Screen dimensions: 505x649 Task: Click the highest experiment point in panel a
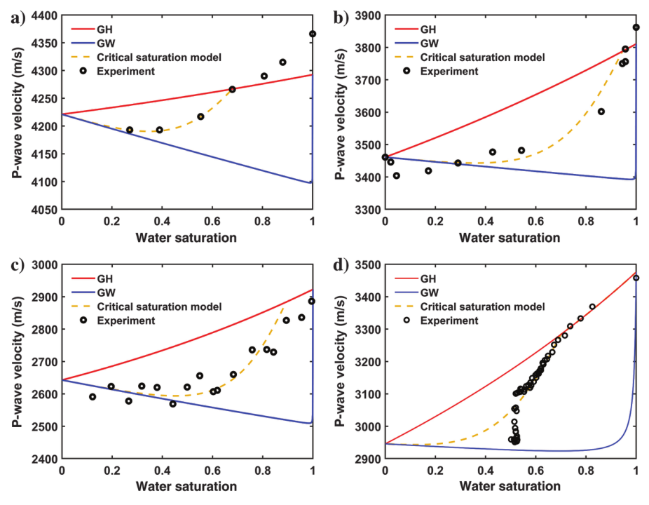[313, 34]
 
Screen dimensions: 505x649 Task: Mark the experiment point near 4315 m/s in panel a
[282, 62]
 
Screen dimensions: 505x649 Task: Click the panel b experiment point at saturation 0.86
[601, 112]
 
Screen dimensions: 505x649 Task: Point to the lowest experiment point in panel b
[397, 175]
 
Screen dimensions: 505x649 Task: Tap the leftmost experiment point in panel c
[93, 397]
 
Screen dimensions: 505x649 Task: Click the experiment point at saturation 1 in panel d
[636, 278]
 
